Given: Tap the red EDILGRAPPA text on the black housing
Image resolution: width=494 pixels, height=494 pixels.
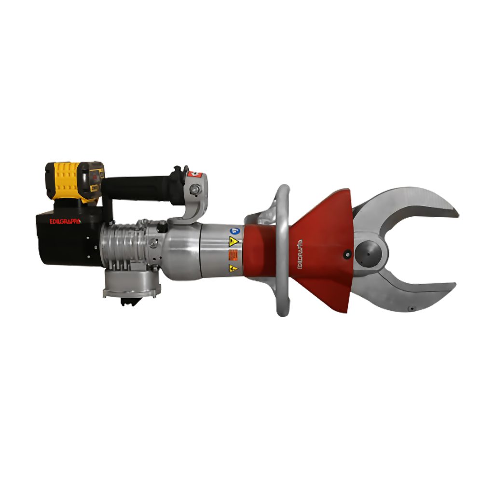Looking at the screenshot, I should [65, 221].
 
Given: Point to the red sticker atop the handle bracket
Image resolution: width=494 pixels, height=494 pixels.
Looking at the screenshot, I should [194, 174].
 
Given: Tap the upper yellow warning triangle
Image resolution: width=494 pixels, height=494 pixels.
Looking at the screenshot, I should [233, 241].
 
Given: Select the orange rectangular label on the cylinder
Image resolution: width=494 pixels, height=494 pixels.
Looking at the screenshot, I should [233, 254].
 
